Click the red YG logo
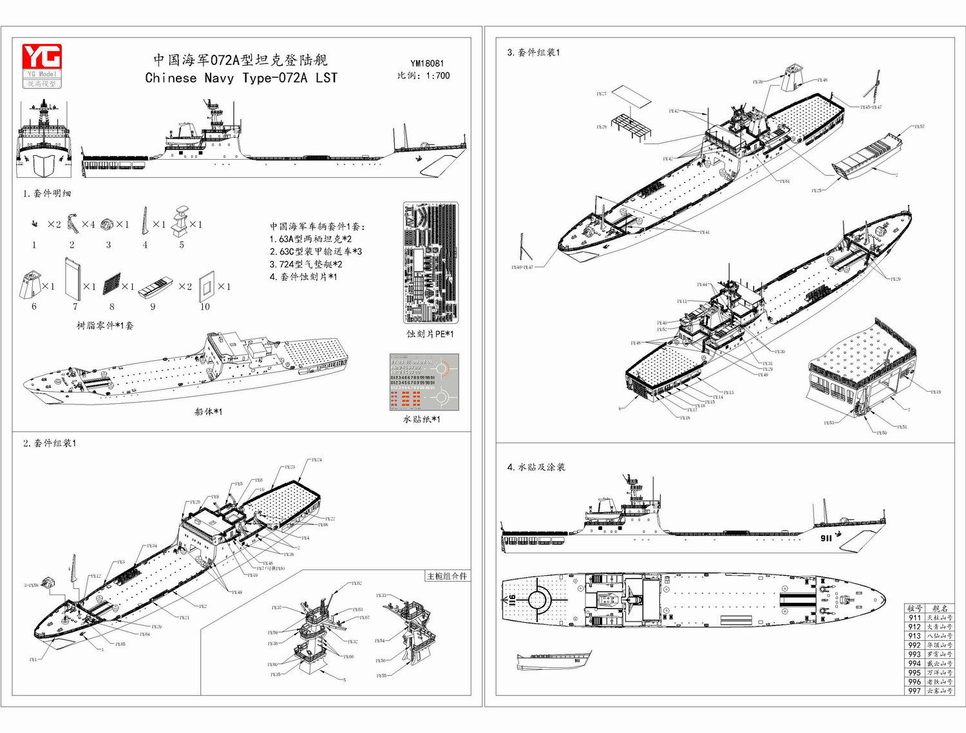coord(42,57)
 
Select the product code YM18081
coord(427,63)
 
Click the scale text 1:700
coord(437,75)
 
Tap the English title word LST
coord(326,78)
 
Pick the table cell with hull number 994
coord(914,663)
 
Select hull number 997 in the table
coord(914,691)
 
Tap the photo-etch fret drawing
coord(430,263)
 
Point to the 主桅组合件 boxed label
coord(446,576)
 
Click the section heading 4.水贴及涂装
coord(536,467)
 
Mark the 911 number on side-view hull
coord(826,538)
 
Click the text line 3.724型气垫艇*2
coord(306,264)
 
